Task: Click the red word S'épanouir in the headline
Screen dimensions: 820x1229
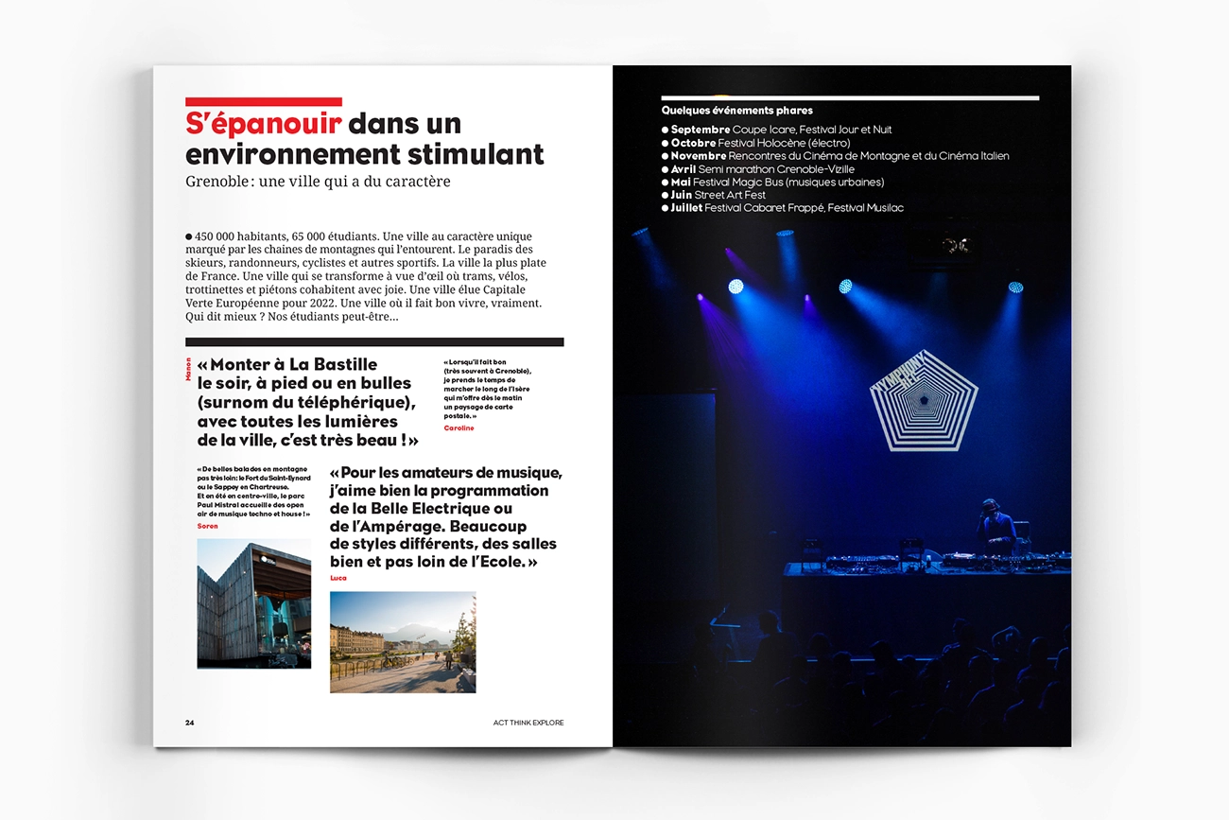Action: [263, 124]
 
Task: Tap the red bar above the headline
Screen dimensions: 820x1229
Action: [263, 102]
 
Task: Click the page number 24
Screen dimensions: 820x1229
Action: [189, 723]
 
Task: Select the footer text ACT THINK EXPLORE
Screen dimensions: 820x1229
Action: [528, 723]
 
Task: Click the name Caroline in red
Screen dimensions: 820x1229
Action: [459, 428]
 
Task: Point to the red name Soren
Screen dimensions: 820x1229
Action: [207, 526]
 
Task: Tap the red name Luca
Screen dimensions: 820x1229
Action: [338, 578]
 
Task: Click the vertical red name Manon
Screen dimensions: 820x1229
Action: [189, 369]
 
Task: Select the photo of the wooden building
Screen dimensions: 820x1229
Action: [253, 603]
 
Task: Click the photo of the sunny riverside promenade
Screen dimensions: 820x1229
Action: [403, 642]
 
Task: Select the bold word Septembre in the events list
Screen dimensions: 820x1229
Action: [700, 130]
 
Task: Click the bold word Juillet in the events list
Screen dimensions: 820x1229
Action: [686, 208]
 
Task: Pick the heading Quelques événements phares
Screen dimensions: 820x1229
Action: [736, 111]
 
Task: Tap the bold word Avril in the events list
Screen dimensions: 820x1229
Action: [683, 169]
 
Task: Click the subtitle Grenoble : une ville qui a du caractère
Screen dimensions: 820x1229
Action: [318, 181]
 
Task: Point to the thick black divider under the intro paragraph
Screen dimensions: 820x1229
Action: [374, 342]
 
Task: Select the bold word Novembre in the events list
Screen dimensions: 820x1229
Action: [698, 156]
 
